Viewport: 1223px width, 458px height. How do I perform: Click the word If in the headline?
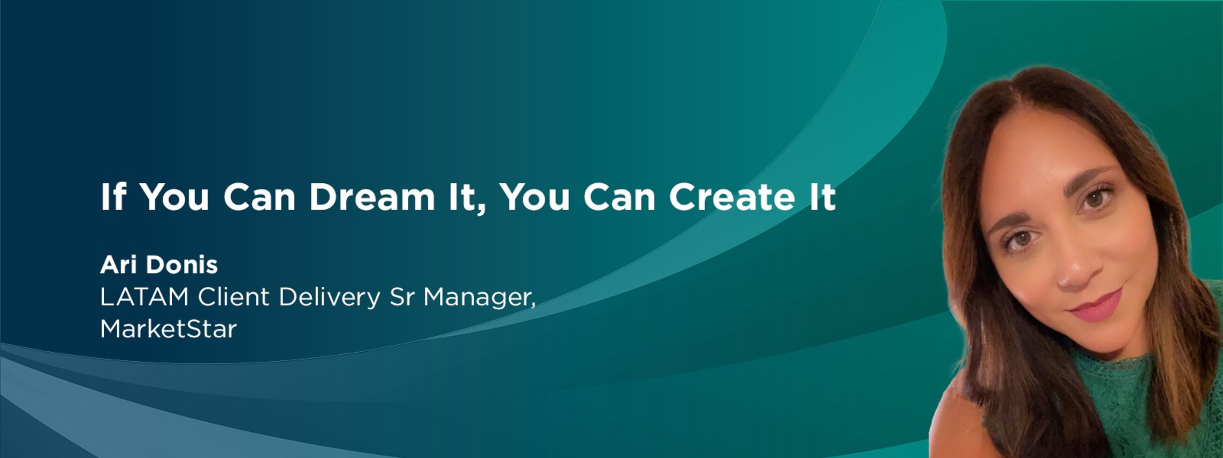coord(113,197)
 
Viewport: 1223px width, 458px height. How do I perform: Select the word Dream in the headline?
coord(372,197)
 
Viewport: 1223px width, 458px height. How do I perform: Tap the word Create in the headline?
coord(731,197)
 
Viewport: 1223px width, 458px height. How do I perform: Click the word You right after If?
coord(174,197)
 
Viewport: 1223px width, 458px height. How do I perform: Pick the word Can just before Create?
coord(620,197)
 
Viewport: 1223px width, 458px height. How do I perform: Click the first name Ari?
coord(118,265)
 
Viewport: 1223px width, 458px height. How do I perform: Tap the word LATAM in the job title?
coord(144,297)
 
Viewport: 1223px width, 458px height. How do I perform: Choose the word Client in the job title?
coord(233,297)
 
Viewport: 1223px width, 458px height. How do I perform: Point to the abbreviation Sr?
coord(402,297)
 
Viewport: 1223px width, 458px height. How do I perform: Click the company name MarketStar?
coord(168,329)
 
